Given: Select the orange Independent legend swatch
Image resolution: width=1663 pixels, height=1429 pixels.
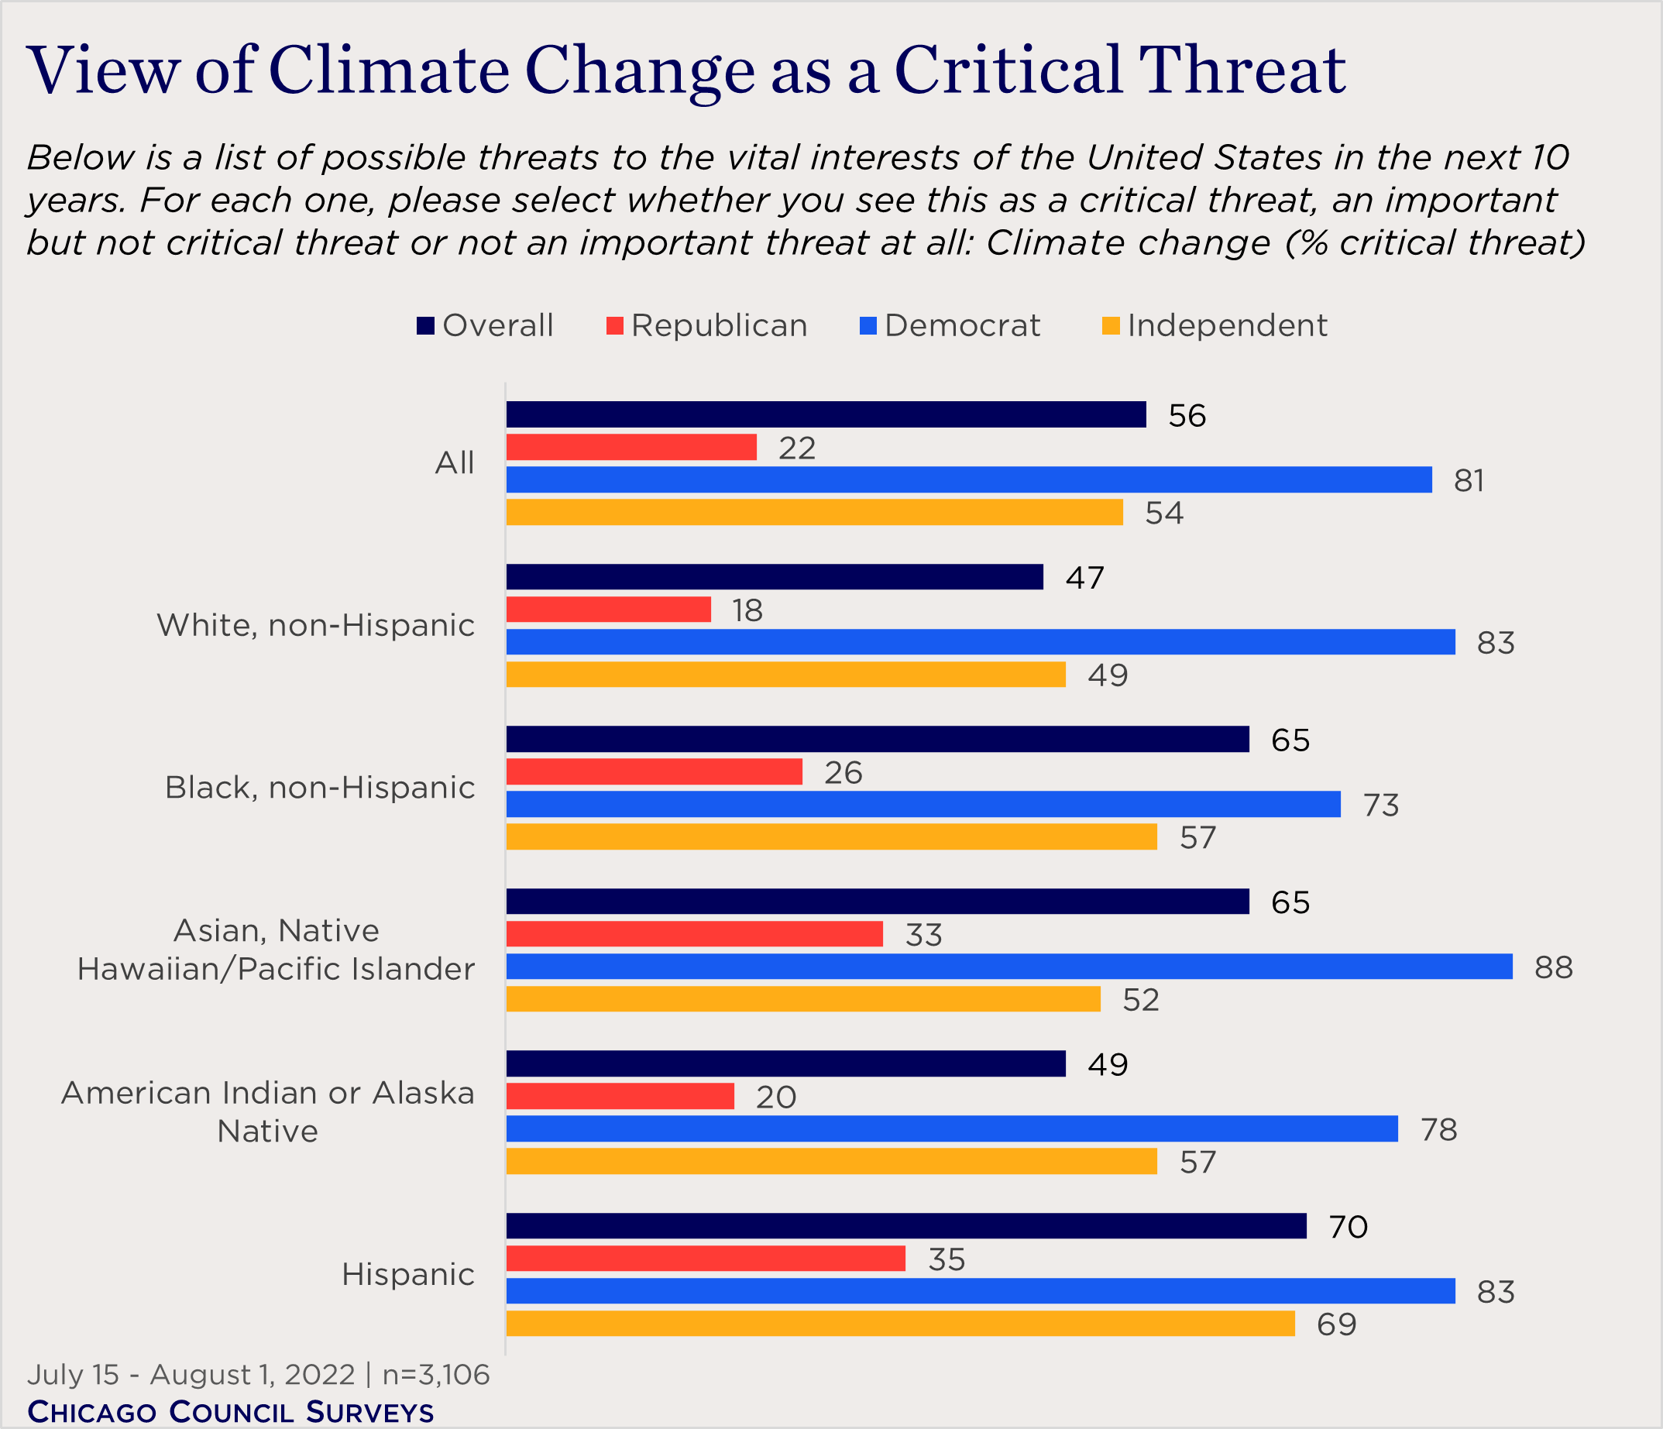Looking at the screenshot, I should point(1111,326).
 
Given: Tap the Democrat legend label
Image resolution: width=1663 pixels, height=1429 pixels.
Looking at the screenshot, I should point(961,326).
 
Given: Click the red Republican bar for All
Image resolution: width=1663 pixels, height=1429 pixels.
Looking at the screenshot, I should point(630,447).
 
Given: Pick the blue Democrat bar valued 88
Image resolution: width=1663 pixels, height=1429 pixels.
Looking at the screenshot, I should point(1008,967).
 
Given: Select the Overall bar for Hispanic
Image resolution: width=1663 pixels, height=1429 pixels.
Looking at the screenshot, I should point(906,1226).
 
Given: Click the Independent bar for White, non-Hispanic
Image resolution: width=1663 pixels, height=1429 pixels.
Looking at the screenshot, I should point(785,675).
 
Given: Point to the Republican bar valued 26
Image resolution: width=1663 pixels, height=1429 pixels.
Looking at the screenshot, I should point(655,772).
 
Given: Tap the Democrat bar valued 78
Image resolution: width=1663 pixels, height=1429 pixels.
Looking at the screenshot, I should point(952,1129).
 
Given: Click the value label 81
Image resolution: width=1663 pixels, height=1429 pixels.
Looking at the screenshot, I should point(1469,481).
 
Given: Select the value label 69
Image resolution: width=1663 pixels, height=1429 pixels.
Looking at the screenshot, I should point(1336,1324).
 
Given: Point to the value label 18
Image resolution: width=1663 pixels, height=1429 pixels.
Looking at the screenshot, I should point(747,610).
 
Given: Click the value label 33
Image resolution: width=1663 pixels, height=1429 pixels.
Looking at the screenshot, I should point(923,935).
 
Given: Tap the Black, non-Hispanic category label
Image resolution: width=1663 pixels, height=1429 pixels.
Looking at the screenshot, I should point(319,788).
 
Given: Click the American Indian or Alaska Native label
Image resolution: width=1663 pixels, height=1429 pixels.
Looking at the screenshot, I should point(268,1112).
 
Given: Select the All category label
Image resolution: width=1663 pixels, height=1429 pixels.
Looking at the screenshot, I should point(454,464).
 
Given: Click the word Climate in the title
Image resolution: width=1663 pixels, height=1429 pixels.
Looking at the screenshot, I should point(390,70).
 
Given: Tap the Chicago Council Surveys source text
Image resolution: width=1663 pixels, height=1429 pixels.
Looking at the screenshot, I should point(230,1411).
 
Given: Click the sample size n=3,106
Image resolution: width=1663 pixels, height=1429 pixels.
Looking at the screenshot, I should point(435,1375).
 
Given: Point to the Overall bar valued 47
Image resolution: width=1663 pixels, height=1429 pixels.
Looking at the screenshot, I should point(775,577).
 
